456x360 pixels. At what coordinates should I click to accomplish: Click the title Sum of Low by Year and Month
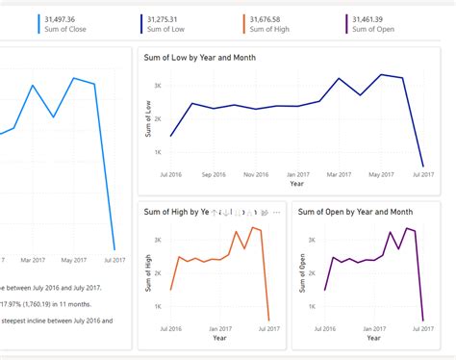[207, 58]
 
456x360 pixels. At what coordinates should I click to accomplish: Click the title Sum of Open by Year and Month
[355, 212]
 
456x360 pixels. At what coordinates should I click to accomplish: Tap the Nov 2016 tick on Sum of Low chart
[255, 174]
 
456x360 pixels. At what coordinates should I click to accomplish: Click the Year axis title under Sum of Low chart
[297, 183]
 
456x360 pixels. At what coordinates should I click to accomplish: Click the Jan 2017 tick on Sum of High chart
[219, 328]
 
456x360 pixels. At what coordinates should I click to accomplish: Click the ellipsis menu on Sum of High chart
[276, 212]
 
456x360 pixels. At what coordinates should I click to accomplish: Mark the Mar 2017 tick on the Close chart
[34, 260]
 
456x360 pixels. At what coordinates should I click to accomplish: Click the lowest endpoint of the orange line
[268, 320]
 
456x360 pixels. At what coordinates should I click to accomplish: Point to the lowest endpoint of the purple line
[423, 320]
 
